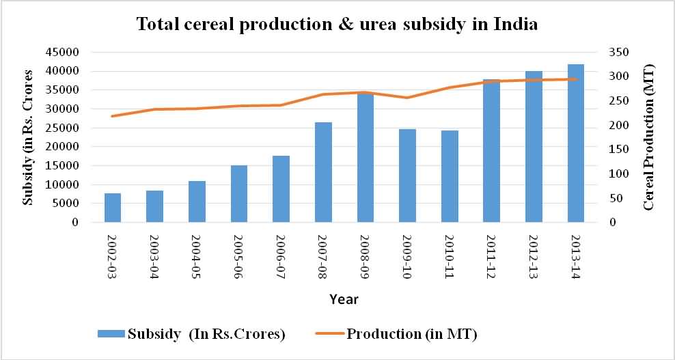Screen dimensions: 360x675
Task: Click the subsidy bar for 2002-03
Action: (113, 208)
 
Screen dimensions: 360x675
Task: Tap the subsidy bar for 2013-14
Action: (576, 143)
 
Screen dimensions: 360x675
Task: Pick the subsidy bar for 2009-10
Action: (407, 176)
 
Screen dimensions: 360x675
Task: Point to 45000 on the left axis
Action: (66, 53)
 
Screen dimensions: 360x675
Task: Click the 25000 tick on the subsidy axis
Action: (66, 128)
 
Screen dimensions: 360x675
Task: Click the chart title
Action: (337, 25)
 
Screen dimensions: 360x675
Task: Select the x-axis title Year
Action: (344, 299)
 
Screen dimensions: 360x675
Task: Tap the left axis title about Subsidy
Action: (28, 137)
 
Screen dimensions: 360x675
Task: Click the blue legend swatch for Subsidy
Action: (111, 334)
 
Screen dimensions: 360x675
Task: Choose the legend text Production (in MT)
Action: (412, 334)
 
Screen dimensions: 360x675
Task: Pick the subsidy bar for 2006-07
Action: (281, 189)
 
